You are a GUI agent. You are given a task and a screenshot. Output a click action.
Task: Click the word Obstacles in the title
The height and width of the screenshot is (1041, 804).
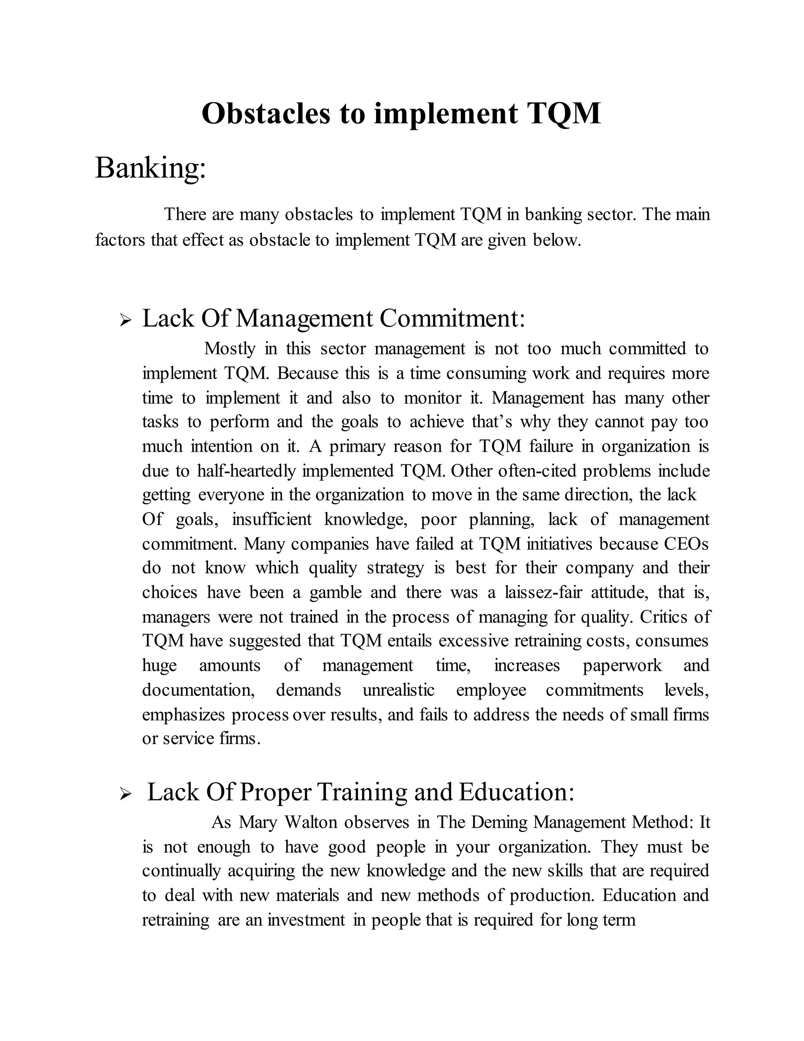[265, 114]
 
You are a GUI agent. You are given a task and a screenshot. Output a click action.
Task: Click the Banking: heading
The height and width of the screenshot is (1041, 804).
[150, 168]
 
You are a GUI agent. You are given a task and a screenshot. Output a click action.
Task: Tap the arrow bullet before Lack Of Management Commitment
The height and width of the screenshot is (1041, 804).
[125, 320]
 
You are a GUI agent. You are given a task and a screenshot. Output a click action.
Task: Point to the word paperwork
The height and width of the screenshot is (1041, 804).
[622, 665]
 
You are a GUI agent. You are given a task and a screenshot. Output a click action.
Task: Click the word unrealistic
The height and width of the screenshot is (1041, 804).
[399, 690]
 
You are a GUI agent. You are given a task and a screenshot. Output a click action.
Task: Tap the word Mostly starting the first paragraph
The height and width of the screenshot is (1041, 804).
[230, 349]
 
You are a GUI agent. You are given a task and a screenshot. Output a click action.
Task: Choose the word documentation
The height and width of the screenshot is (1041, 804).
[199, 690]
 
